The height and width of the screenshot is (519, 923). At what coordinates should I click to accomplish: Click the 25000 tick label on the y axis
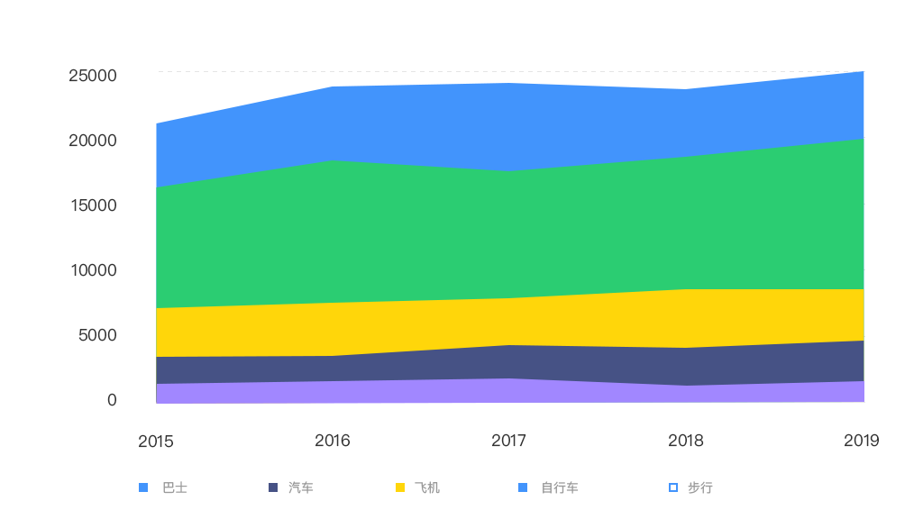click(x=93, y=76)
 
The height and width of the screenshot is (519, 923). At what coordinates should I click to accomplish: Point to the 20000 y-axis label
click(x=93, y=141)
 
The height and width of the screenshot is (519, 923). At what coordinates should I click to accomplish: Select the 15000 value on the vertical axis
click(x=93, y=205)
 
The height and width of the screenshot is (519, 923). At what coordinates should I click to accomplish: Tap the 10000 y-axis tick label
click(x=93, y=270)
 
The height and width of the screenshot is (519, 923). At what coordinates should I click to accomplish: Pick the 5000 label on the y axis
click(x=97, y=335)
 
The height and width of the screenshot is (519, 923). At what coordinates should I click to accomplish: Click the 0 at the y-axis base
click(x=112, y=400)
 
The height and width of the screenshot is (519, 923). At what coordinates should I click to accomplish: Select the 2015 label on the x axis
click(x=156, y=442)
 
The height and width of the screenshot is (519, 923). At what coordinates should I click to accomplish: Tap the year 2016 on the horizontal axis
click(x=333, y=441)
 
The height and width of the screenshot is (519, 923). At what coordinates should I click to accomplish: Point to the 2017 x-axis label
click(x=509, y=441)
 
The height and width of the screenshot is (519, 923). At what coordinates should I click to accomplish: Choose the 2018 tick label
click(x=686, y=441)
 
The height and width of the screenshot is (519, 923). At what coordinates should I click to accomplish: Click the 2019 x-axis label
click(x=861, y=441)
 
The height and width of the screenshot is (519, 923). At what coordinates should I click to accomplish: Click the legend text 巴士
click(x=175, y=487)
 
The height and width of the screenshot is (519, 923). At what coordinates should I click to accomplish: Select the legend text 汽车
click(x=301, y=487)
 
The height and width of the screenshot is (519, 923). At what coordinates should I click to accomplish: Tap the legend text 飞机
click(x=427, y=487)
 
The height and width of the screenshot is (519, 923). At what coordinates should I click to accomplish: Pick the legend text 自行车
click(x=560, y=487)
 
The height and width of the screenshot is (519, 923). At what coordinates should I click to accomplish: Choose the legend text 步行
click(x=700, y=487)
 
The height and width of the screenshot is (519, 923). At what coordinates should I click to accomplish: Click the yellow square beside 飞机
click(x=400, y=487)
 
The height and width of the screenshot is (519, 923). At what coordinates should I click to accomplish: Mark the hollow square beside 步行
click(x=672, y=487)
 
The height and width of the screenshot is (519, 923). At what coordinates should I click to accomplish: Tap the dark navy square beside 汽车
click(x=273, y=487)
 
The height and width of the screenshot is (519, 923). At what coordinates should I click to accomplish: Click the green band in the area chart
click(x=509, y=234)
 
